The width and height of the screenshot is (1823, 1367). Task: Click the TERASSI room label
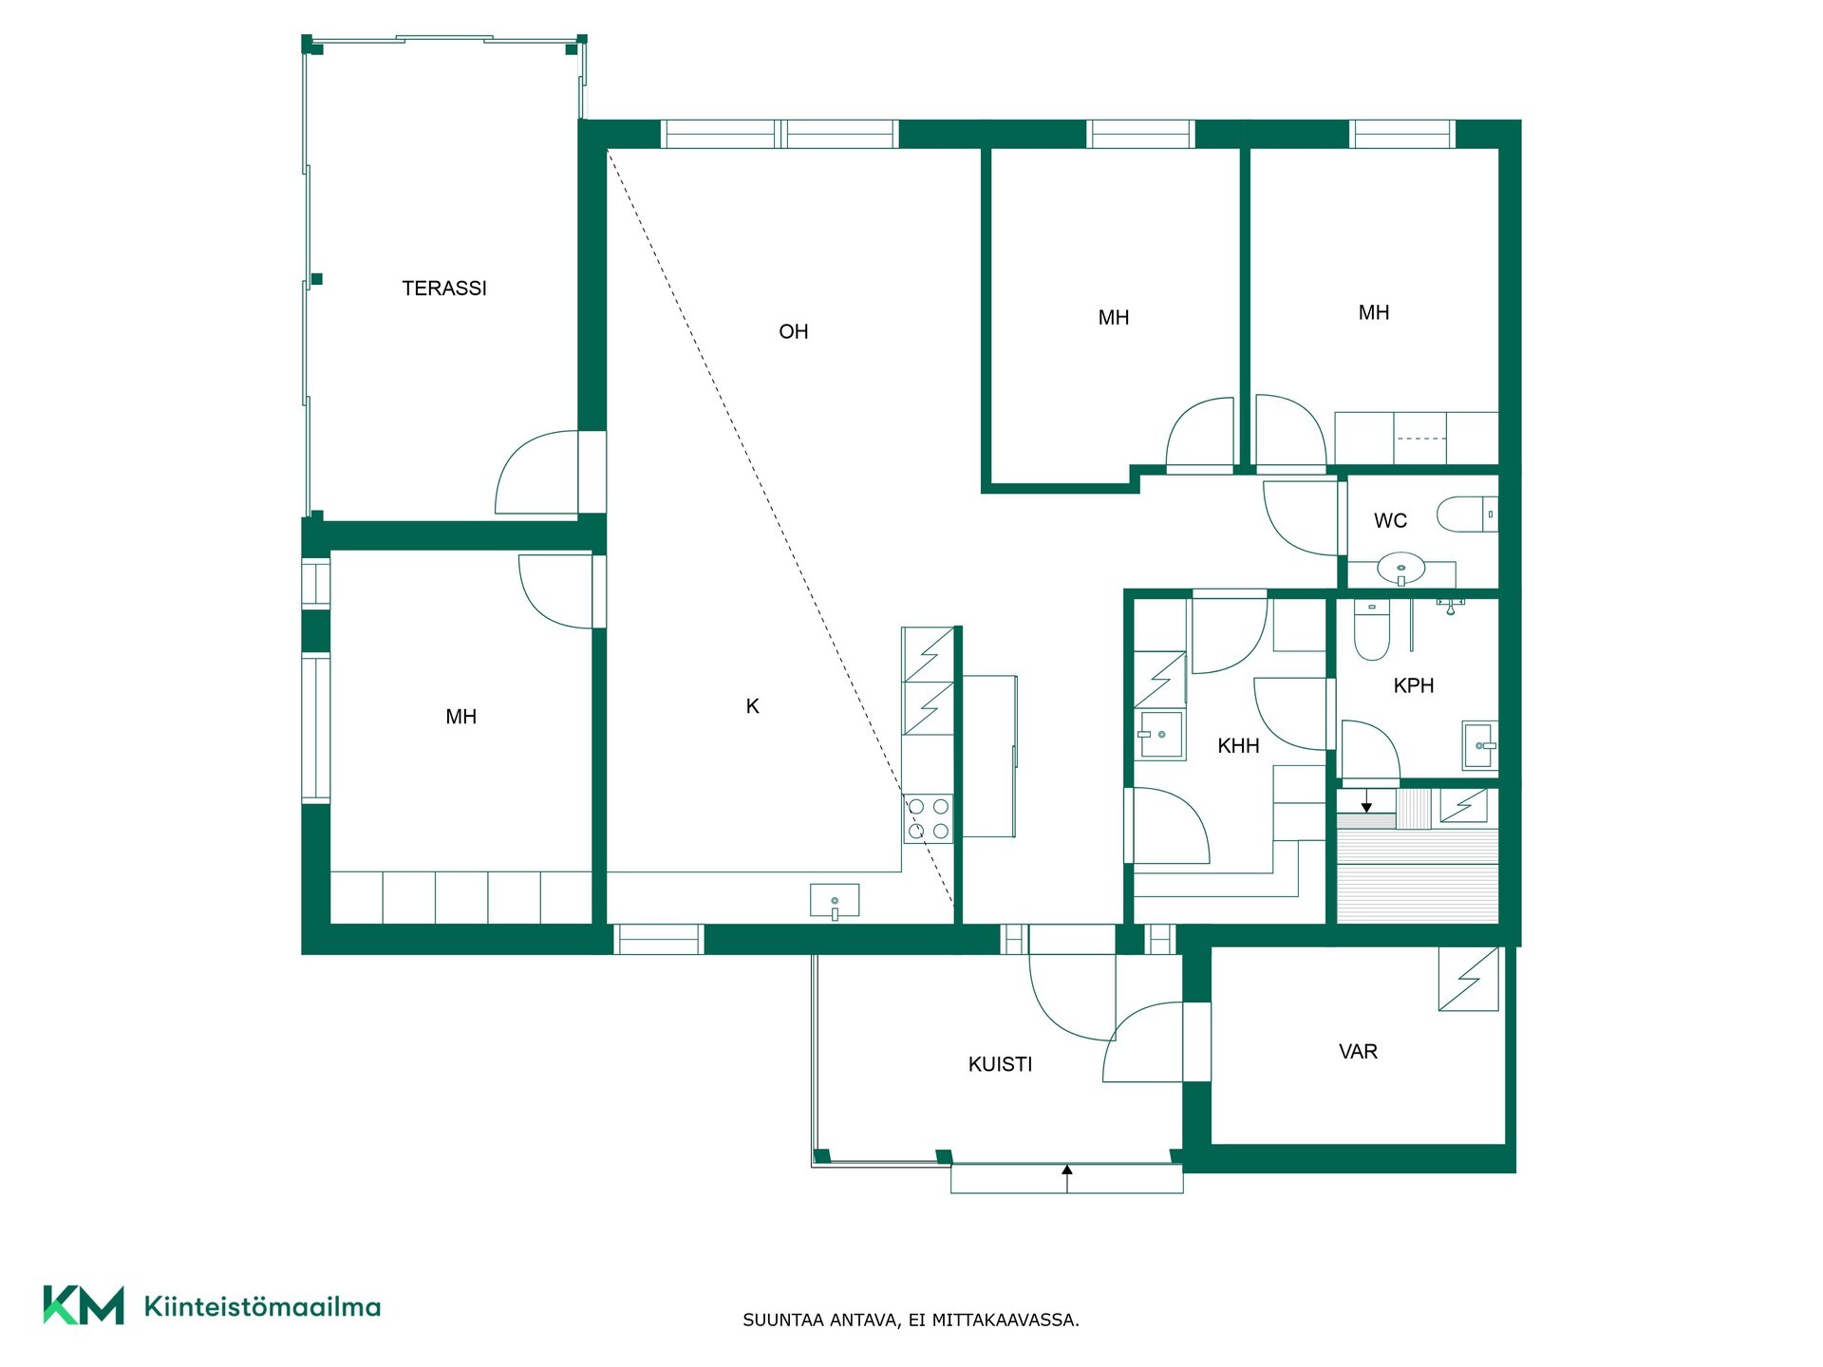coord(444,288)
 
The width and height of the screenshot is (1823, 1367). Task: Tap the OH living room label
coord(794,331)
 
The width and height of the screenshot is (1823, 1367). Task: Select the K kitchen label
coord(753,706)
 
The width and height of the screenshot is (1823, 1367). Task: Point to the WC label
coord(1390,520)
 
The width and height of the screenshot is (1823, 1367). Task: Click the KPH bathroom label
coord(1414,685)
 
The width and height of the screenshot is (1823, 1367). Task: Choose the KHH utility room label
coord(1239,746)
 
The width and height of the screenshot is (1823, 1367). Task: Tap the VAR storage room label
coord(1358,1052)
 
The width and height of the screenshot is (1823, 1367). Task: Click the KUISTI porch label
coord(1001,1064)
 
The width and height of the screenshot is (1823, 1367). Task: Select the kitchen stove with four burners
coord(928,818)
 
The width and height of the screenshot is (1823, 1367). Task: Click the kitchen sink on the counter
coord(835,901)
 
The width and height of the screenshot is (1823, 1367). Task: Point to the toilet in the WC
coord(1467,515)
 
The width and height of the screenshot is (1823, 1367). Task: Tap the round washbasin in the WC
coord(1401,570)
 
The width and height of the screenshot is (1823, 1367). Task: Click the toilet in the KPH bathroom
coord(1371,630)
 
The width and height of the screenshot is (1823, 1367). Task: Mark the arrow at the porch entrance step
coord(1067,1178)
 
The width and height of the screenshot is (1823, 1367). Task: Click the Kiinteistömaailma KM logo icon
coord(84,1305)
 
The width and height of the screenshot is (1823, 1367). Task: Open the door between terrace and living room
coord(537,473)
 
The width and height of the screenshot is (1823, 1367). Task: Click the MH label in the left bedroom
coord(461,717)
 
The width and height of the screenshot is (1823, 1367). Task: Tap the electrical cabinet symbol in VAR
coord(1469,979)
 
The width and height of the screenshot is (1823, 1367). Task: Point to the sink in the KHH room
coord(1160,735)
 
